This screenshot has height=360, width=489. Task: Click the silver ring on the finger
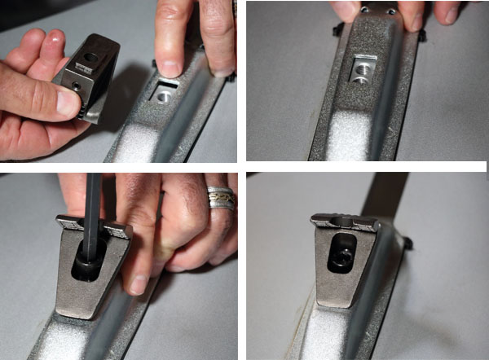point(221,198)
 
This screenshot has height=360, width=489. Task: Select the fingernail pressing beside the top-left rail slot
point(168,67)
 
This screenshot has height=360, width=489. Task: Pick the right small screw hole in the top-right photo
point(391,11)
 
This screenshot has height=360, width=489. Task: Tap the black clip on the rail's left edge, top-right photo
point(335,31)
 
